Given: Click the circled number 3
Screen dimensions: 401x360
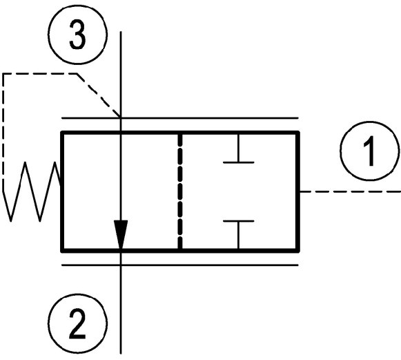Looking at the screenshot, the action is click(77, 35).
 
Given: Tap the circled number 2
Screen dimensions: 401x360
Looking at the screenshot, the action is click(77, 323).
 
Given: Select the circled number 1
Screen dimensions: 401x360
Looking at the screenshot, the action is click(370, 151).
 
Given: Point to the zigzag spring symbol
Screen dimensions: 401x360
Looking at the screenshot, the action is click(32, 191).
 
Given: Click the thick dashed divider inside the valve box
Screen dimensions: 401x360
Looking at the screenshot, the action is click(180, 191).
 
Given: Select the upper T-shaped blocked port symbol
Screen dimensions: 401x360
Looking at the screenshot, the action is click(238, 148).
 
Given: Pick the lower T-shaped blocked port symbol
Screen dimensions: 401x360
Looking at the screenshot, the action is click(238, 234).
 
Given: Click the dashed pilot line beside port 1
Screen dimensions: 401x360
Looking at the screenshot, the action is click(350, 191).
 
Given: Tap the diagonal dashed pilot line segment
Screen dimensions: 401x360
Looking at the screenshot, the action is click(99, 95).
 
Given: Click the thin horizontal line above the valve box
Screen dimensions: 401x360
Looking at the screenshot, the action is click(180, 118).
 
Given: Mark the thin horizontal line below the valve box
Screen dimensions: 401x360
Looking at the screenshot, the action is click(180, 265).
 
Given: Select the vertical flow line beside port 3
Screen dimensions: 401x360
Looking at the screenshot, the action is click(121, 74).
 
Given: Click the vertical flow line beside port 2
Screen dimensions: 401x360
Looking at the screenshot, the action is click(121, 310).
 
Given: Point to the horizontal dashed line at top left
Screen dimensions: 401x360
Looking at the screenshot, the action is click(40, 74).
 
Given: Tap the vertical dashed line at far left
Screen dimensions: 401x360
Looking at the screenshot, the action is click(3, 132).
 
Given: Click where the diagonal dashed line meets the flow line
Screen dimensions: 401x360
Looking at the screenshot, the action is click(121, 117).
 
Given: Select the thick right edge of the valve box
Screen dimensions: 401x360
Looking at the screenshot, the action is click(297, 191).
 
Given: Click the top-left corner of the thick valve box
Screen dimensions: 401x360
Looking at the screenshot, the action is click(62, 133).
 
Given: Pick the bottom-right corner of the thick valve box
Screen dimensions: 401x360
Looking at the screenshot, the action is click(297, 250).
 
